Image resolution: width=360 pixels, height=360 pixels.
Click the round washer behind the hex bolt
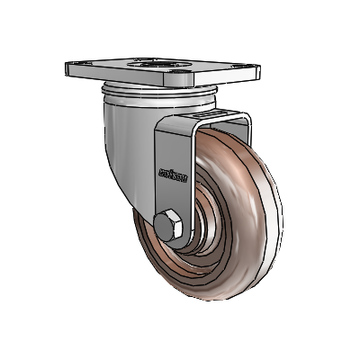tap(180, 236)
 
